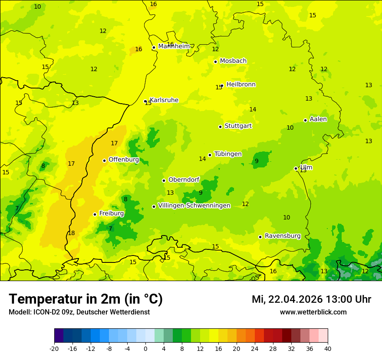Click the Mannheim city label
[174, 46]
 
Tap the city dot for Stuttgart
[220, 127]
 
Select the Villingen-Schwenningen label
[194, 206]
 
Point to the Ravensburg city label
[283, 236]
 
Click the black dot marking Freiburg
[95, 214]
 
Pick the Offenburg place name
[124, 160]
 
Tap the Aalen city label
[318, 119]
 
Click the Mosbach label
[233, 61]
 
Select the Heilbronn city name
[241, 85]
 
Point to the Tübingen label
[228, 154]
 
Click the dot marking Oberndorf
[164, 180]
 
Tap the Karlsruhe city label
[164, 100]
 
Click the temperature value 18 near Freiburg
[71, 233]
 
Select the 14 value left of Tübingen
[202, 159]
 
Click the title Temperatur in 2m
[86, 299]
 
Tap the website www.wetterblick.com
[313, 312]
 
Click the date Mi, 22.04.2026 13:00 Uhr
[311, 300]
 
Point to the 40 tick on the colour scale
[327, 348]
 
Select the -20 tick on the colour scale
[54, 348]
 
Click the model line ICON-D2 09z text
[79, 312]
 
